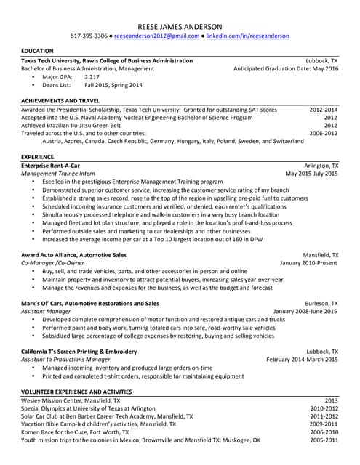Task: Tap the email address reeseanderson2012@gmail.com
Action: click(x=156, y=36)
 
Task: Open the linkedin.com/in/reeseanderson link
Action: click(x=247, y=36)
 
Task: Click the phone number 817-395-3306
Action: click(x=89, y=36)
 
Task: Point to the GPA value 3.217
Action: click(x=92, y=76)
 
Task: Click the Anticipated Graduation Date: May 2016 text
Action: click(x=286, y=68)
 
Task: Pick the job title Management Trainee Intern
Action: click(x=58, y=174)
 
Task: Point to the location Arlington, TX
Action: click(x=321, y=166)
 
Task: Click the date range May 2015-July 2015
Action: click(x=311, y=174)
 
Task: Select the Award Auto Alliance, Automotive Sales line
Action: click(x=73, y=255)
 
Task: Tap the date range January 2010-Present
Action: click(x=309, y=263)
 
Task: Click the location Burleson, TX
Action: click(x=321, y=303)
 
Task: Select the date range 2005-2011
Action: click(x=324, y=440)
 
